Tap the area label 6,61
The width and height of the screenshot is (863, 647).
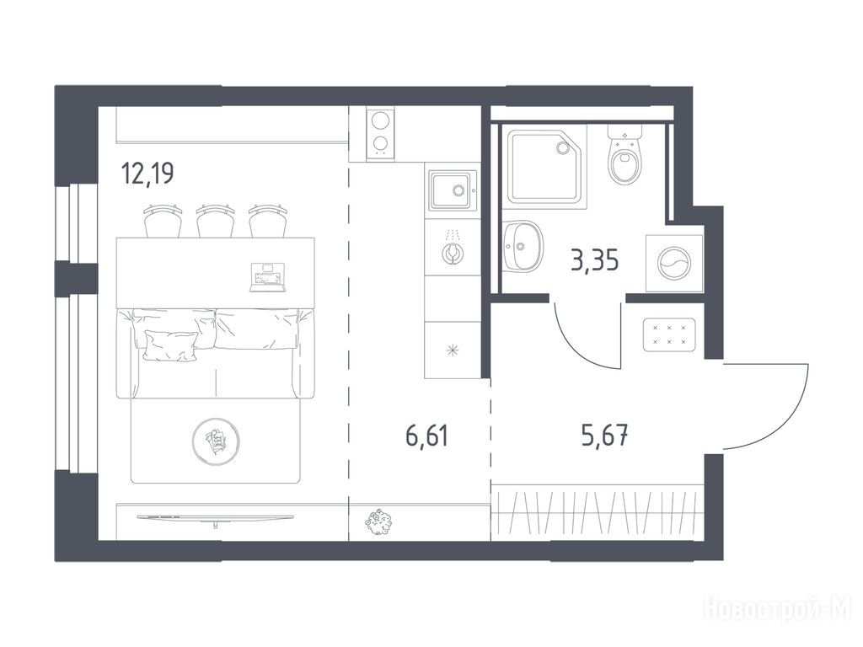pos(427,436)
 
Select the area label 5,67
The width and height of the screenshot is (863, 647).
pos(604,436)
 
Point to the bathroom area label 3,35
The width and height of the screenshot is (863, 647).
pos(595,260)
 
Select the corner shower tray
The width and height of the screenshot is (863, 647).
pos(547,167)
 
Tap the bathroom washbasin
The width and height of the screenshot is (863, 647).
pos(523,246)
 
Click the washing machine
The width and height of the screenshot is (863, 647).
pos(674,263)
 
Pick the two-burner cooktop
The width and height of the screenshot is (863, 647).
pos(381,134)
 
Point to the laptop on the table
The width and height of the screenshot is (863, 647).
pos(267,277)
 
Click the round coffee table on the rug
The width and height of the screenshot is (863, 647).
pos(217,439)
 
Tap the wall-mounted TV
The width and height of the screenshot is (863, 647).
pos(215,519)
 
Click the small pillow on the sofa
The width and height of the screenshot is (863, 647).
pos(170,346)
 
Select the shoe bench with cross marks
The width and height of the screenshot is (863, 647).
pos(668,334)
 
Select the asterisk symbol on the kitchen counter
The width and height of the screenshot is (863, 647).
pos(453,350)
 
